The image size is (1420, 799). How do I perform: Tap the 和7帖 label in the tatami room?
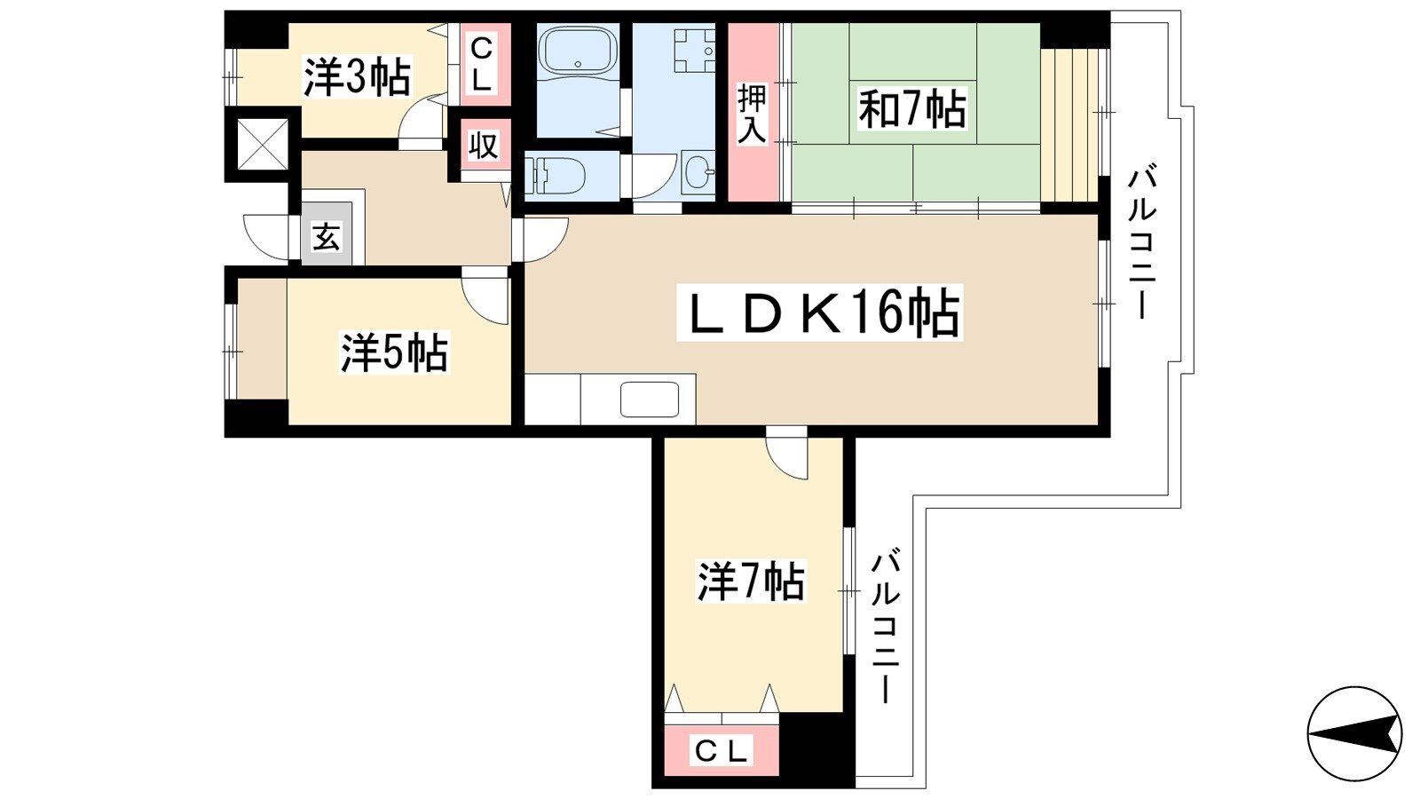tap(911, 109)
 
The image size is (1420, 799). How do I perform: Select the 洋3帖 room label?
tap(357, 77)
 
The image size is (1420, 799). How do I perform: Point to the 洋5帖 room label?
tap(394, 352)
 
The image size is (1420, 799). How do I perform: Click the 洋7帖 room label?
tap(751, 582)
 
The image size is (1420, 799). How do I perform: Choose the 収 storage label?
tap(484, 145)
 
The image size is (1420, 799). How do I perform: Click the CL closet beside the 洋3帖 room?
tap(480, 64)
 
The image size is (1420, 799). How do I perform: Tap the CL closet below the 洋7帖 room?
tap(721, 751)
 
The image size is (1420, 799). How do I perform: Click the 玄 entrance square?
tap(326, 236)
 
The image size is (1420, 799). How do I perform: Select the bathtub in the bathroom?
tap(580, 51)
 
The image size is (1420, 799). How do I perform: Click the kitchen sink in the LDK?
tap(649, 399)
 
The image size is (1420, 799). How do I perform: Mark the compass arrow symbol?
tap(1354, 733)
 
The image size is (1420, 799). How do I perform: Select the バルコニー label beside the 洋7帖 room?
tap(885, 627)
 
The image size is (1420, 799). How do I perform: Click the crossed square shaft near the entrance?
tap(263, 144)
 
